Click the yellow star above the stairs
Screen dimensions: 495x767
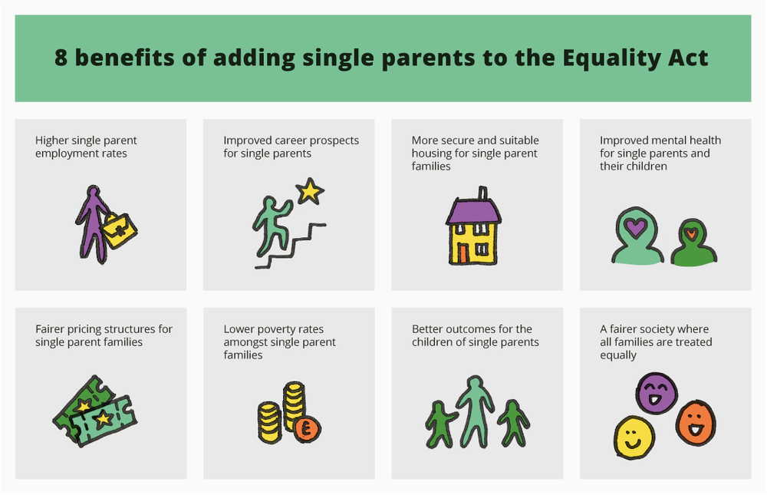pyautogui.click(x=309, y=190)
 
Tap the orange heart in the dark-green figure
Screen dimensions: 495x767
pyautogui.click(x=690, y=233)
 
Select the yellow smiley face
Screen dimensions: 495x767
pyautogui.click(x=634, y=437)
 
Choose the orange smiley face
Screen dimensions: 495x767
pyautogui.click(x=695, y=422)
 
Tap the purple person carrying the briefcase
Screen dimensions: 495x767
pyautogui.click(x=93, y=223)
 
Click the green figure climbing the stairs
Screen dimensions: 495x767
pyautogui.click(x=270, y=223)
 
